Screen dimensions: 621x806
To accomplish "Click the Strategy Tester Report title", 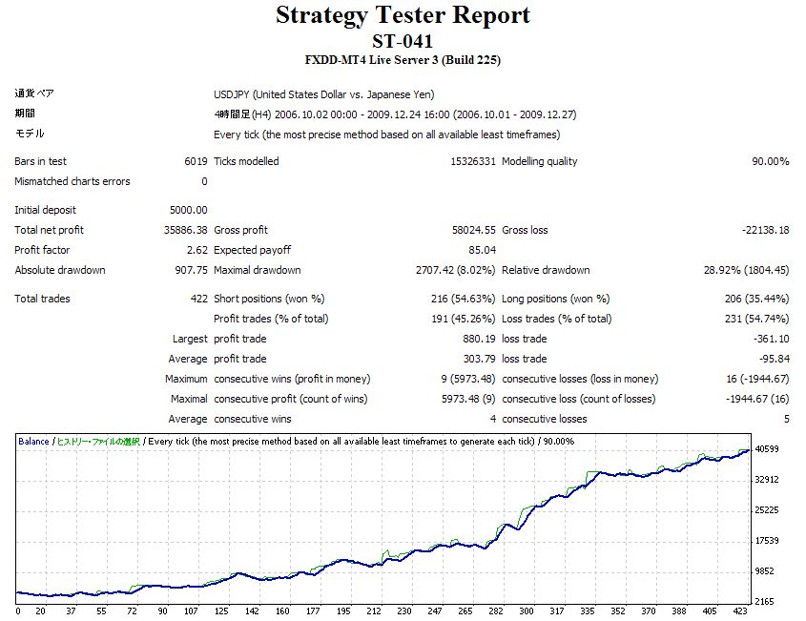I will [x=403, y=16].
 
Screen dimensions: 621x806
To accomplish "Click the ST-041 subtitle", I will [x=403, y=41].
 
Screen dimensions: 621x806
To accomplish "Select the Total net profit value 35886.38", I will [x=186, y=230].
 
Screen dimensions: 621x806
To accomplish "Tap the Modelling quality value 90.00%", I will [x=770, y=161].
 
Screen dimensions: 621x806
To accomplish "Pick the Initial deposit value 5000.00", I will [x=188, y=210].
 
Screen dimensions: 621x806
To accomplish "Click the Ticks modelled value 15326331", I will [x=473, y=161].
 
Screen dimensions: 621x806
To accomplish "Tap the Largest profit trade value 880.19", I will [x=479, y=339].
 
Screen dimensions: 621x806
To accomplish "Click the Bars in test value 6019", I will [x=196, y=161].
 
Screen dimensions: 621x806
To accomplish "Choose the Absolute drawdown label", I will [x=60, y=270].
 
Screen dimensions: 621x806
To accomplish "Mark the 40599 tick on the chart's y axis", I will [x=767, y=449].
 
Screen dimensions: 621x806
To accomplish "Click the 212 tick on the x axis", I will [x=374, y=611].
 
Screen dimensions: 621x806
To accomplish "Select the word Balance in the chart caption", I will [x=34, y=442].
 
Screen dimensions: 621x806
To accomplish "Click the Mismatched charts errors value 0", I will [x=204, y=181].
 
